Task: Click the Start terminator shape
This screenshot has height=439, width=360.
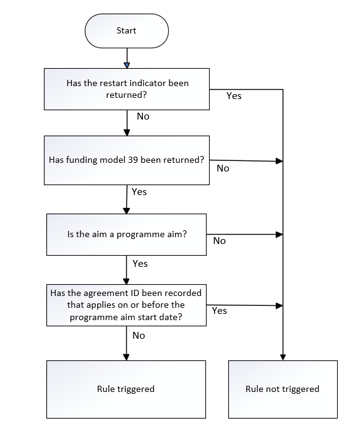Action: pyautogui.click(x=127, y=31)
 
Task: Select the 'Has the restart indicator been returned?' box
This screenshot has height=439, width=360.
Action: pyautogui.click(x=127, y=89)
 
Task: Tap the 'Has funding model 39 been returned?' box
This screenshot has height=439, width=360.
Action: pyautogui.click(x=127, y=160)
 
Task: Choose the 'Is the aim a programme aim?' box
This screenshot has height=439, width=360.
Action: pyautogui.click(x=126, y=235)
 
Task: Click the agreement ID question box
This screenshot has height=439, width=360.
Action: pyautogui.click(x=126, y=305)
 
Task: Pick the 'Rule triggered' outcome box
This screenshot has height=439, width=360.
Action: pyautogui.click(x=126, y=389)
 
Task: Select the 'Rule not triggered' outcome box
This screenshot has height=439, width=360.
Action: pyautogui.click(x=283, y=389)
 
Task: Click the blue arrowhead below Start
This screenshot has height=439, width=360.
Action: pyautogui.click(x=127, y=65)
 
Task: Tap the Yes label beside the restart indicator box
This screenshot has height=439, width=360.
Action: pyautogui.click(x=234, y=96)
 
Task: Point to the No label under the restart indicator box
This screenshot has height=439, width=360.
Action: pyautogui.click(x=143, y=116)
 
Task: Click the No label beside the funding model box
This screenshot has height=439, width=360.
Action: pyautogui.click(x=223, y=168)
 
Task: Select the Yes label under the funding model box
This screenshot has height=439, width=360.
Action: pyautogui.click(x=139, y=192)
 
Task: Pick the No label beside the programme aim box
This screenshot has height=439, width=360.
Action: pyautogui.click(x=220, y=241)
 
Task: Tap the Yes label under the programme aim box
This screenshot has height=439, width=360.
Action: pyautogui.click(x=140, y=264)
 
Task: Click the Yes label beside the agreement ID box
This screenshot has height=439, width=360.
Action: pyautogui.click(x=220, y=311)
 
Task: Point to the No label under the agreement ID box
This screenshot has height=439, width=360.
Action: pyautogui.click(x=139, y=336)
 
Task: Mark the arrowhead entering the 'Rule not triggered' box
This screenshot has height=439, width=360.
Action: pyautogui.click(x=283, y=357)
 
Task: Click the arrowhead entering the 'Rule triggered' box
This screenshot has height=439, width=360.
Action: pyautogui.click(x=126, y=357)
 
